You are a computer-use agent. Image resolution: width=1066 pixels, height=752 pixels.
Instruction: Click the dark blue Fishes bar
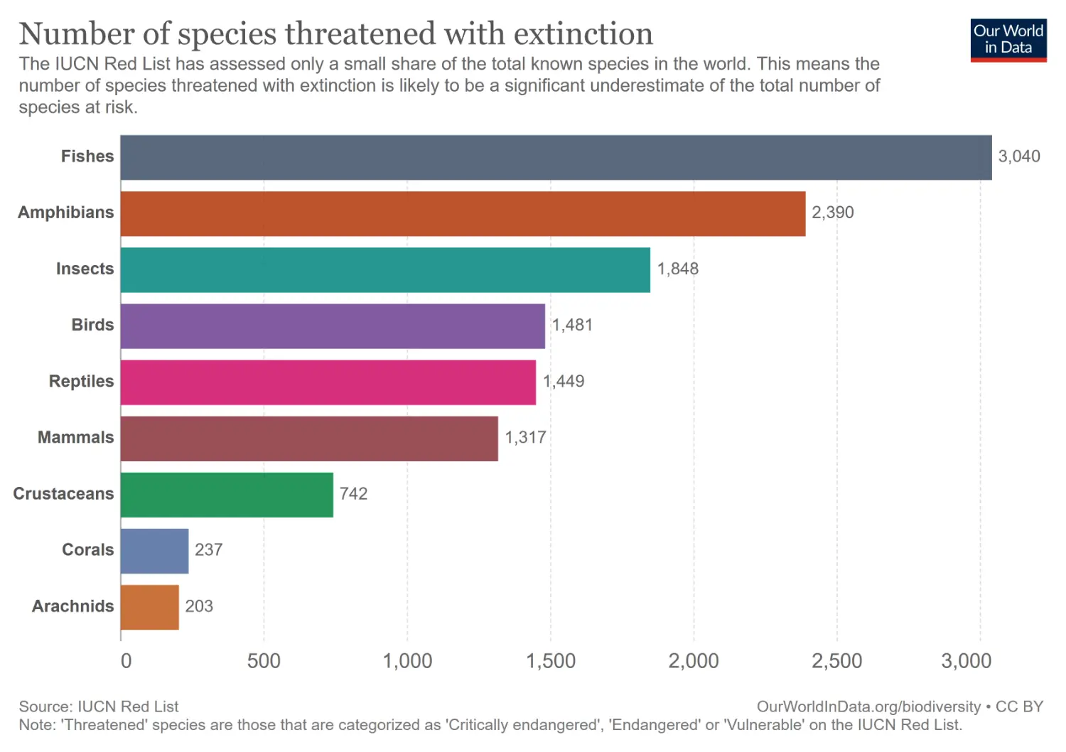point(556,157)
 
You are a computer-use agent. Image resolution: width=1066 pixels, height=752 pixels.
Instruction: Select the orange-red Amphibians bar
point(463,213)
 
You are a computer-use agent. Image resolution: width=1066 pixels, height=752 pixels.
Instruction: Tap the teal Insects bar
point(385,269)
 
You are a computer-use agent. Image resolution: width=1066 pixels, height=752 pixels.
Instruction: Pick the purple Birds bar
point(333,326)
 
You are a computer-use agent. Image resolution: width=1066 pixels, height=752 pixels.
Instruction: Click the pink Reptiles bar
point(328,382)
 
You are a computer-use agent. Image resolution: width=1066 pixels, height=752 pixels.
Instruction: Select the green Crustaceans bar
point(227,495)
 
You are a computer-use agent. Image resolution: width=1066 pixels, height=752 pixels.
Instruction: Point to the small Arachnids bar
point(149,607)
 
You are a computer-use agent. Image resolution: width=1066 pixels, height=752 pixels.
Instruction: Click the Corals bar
point(154,551)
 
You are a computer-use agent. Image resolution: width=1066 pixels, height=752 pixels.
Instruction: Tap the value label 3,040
point(1018,156)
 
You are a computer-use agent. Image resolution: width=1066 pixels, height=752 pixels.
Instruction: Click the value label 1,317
point(525,437)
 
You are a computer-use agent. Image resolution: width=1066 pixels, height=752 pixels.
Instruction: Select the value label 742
point(353,493)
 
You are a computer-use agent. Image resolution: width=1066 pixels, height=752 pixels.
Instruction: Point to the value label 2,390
point(832,213)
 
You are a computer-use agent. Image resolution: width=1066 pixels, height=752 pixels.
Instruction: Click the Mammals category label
point(75,437)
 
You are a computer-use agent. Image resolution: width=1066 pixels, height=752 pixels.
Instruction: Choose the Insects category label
point(85,269)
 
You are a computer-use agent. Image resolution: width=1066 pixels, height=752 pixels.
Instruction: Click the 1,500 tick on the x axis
point(550,661)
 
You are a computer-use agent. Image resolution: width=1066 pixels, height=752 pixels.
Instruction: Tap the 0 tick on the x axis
point(126,661)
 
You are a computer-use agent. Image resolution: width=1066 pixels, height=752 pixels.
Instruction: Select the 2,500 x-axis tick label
point(836,661)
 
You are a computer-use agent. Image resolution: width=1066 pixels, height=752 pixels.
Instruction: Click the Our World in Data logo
point(1008,40)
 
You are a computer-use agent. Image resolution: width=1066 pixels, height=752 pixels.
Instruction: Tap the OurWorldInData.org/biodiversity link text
point(868,707)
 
